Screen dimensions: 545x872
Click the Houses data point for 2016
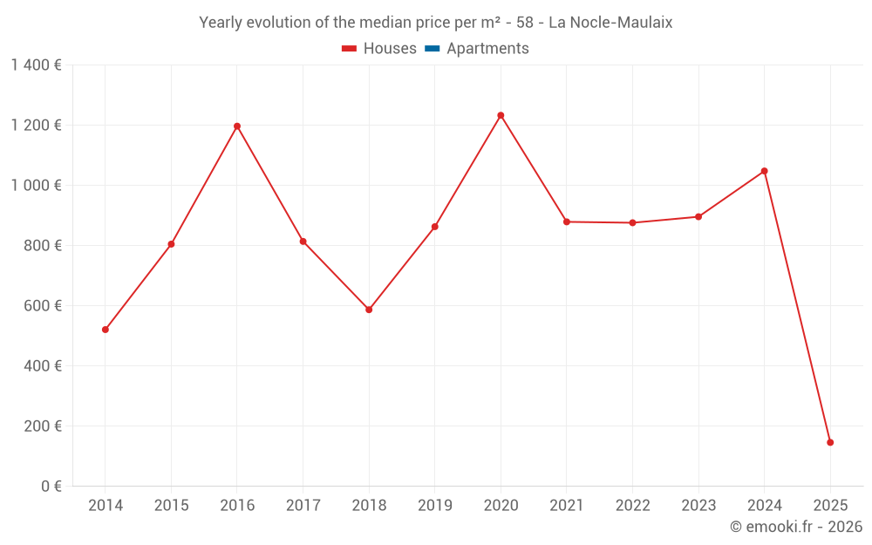[237, 126]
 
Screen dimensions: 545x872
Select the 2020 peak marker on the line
[501, 115]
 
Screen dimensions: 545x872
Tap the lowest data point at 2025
[830, 442]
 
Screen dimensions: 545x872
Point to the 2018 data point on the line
[369, 310]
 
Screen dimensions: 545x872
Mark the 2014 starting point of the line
[106, 330]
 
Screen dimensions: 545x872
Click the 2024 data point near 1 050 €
[764, 171]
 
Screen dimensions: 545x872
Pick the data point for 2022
[632, 222]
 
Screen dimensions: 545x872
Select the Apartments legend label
[487, 49]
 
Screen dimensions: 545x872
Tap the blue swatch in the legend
[432, 49]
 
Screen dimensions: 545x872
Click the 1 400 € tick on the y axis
[36, 65]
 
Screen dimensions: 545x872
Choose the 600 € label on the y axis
[42, 306]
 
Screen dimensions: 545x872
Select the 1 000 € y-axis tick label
[36, 186]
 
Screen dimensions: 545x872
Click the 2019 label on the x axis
[434, 505]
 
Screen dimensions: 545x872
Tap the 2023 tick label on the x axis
[698, 505]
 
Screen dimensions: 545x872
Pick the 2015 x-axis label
[171, 505]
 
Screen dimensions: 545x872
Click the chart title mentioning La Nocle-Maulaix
[436, 23]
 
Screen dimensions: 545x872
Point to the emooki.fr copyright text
[795, 527]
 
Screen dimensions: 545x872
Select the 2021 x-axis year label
[567, 505]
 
